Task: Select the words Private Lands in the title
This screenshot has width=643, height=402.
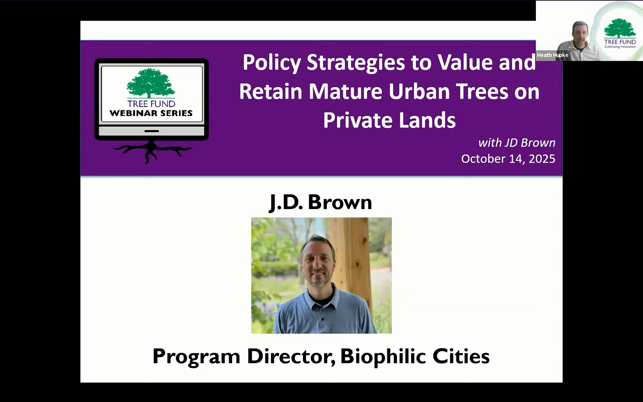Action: (x=389, y=120)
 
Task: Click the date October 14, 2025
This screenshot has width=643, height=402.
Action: (x=508, y=159)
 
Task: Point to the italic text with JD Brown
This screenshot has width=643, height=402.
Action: (x=516, y=143)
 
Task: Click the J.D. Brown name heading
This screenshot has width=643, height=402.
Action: (x=321, y=202)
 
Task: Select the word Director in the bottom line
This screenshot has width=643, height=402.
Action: (x=291, y=356)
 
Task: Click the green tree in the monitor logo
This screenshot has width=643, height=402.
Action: (x=151, y=83)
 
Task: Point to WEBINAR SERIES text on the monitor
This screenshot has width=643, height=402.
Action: (x=151, y=113)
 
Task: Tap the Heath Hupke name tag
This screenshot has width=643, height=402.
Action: (x=552, y=55)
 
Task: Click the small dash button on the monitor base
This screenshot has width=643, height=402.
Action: (x=151, y=131)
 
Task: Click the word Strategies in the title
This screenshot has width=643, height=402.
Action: (x=356, y=63)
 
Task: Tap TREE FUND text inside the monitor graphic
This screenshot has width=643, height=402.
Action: (x=151, y=104)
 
